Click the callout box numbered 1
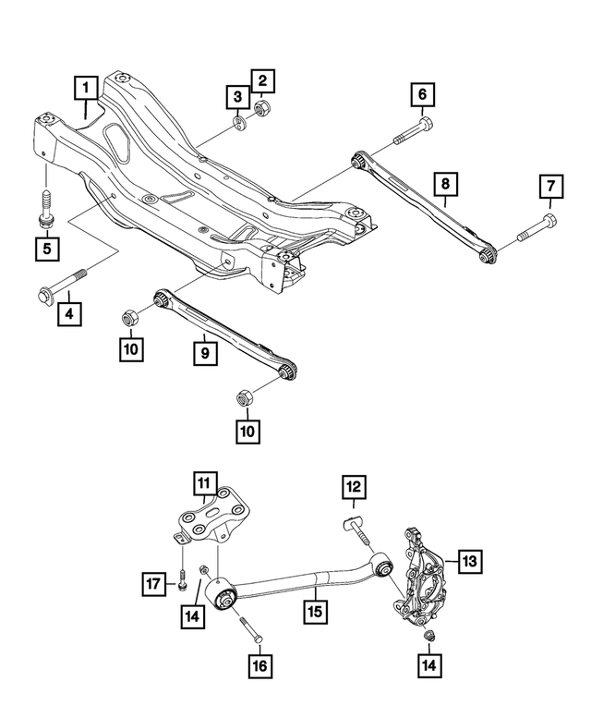(x=86, y=89)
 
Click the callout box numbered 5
(x=43, y=249)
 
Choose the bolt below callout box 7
(x=537, y=227)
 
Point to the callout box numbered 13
(x=469, y=560)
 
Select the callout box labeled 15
(x=316, y=611)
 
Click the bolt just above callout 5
(x=44, y=206)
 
